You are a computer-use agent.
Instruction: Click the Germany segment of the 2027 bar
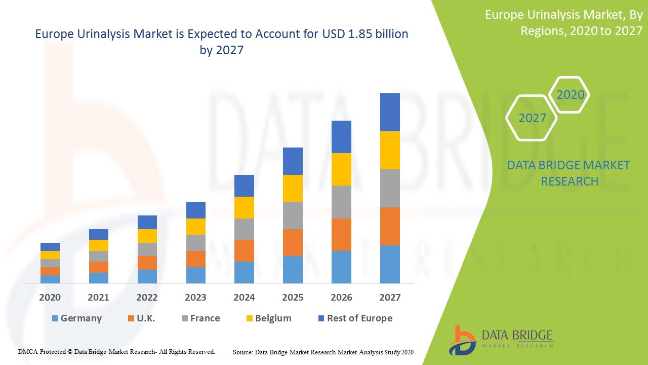(x=390, y=264)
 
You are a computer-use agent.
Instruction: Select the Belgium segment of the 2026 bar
(x=341, y=169)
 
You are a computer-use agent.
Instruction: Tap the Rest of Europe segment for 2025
(x=293, y=161)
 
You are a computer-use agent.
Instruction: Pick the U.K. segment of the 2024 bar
(x=244, y=250)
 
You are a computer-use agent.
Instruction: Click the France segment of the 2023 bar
(x=195, y=243)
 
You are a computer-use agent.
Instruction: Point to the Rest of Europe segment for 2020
(x=50, y=247)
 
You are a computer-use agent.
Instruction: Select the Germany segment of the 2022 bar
(x=147, y=276)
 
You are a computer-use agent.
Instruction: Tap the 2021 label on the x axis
(x=98, y=298)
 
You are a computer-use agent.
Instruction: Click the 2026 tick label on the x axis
(x=341, y=298)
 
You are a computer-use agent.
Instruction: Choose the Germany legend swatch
(x=55, y=318)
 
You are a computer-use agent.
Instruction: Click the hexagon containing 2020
(x=570, y=95)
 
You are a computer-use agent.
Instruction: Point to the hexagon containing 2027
(x=532, y=118)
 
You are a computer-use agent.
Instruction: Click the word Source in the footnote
(x=242, y=352)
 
